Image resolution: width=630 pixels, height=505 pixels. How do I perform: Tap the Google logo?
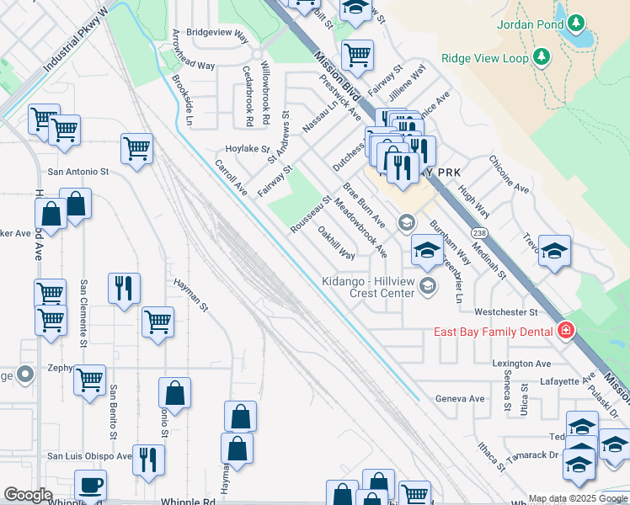point(28,495)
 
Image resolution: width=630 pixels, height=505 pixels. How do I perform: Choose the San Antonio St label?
point(78,171)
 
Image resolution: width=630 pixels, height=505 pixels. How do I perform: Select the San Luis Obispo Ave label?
point(89,456)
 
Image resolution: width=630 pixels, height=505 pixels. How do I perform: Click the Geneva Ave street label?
point(460,398)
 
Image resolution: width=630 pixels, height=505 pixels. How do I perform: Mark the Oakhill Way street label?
point(335,242)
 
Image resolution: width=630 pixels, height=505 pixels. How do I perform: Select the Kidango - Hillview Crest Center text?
point(369,287)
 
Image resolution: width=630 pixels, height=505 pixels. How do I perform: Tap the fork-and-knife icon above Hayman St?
point(125,287)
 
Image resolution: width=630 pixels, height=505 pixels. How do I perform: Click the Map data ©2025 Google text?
point(577,498)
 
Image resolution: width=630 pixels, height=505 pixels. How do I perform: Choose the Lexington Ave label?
point(521,364)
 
